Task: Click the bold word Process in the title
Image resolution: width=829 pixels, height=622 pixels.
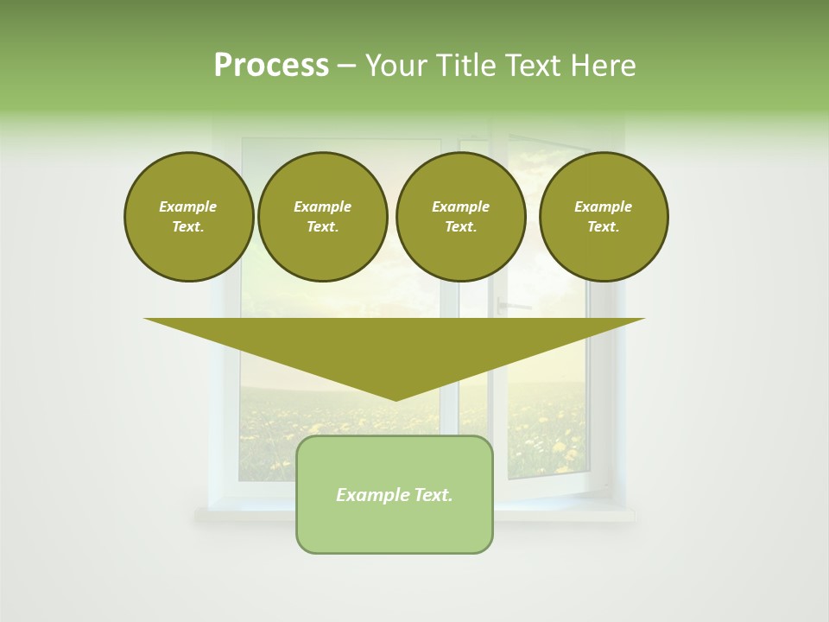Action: [x=271, y=66]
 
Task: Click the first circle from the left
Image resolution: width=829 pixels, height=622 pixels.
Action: [x=188, y=217]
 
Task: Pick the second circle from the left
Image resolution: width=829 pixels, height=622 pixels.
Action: [x=322, y=217]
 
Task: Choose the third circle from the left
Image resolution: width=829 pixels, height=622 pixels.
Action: [x=460, y=217]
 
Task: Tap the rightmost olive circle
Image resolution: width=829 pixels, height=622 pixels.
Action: [x=604, y=217]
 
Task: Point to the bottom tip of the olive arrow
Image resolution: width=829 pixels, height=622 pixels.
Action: [x=396, y=399]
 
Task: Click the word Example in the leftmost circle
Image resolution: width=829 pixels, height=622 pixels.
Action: [x=188, y=206]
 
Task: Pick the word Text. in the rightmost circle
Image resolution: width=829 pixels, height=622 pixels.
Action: [x=604, y=227]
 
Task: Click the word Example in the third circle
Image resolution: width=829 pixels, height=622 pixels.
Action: [x=460, y=206]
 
